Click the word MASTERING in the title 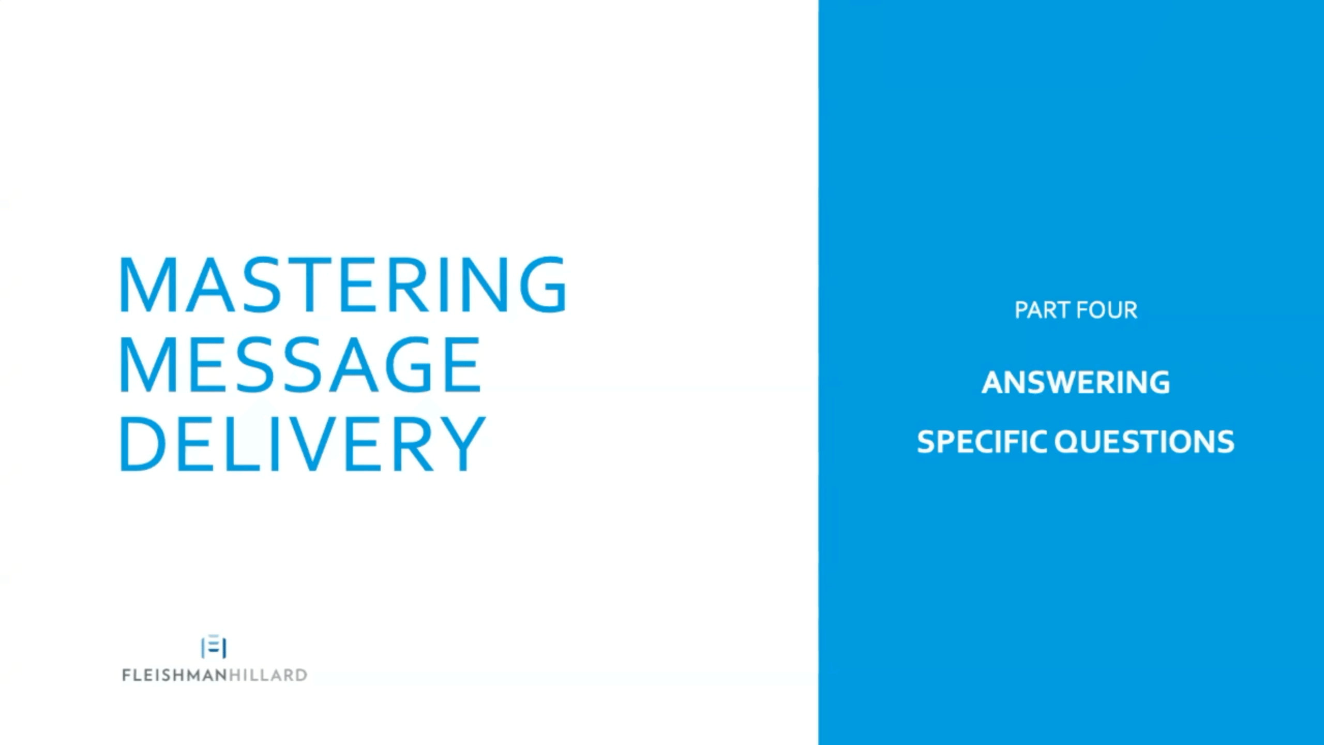343,284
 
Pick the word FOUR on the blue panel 1107,310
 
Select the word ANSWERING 1076,382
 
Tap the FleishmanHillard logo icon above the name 214,647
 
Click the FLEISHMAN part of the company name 174,675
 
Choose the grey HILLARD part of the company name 268,675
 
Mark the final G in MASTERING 544,284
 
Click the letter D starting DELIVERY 143,443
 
